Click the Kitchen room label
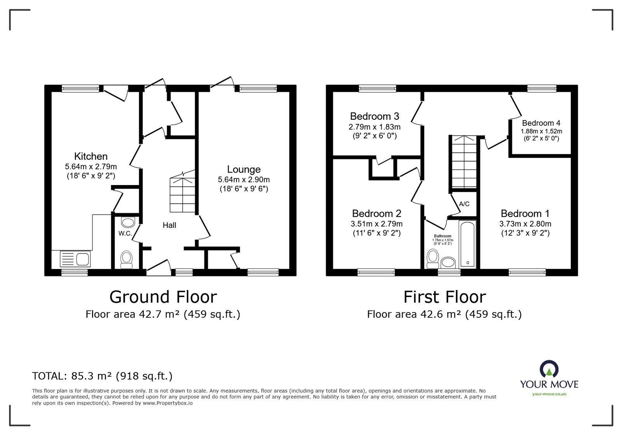(x=91, y=156)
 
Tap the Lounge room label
(x=244, y=169)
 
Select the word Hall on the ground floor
(x=169, y=225)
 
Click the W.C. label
(x=125, y=234)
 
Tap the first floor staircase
(x=463, y=161)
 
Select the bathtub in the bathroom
(x=468, y=244)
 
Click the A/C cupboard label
(x=464, y=204)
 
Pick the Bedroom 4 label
(x=541, y=123)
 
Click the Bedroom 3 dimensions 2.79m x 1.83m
(x=374, y=127)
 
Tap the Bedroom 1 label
(x=525, y=213)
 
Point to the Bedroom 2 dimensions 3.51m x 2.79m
(x=376, y=224)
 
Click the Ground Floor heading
(x=163, y=297)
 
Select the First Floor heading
(x=444, y=297)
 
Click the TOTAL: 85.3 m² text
(x=102, y=376)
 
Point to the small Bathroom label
(x=442, y=236)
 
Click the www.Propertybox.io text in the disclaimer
(x=168, y=403)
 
